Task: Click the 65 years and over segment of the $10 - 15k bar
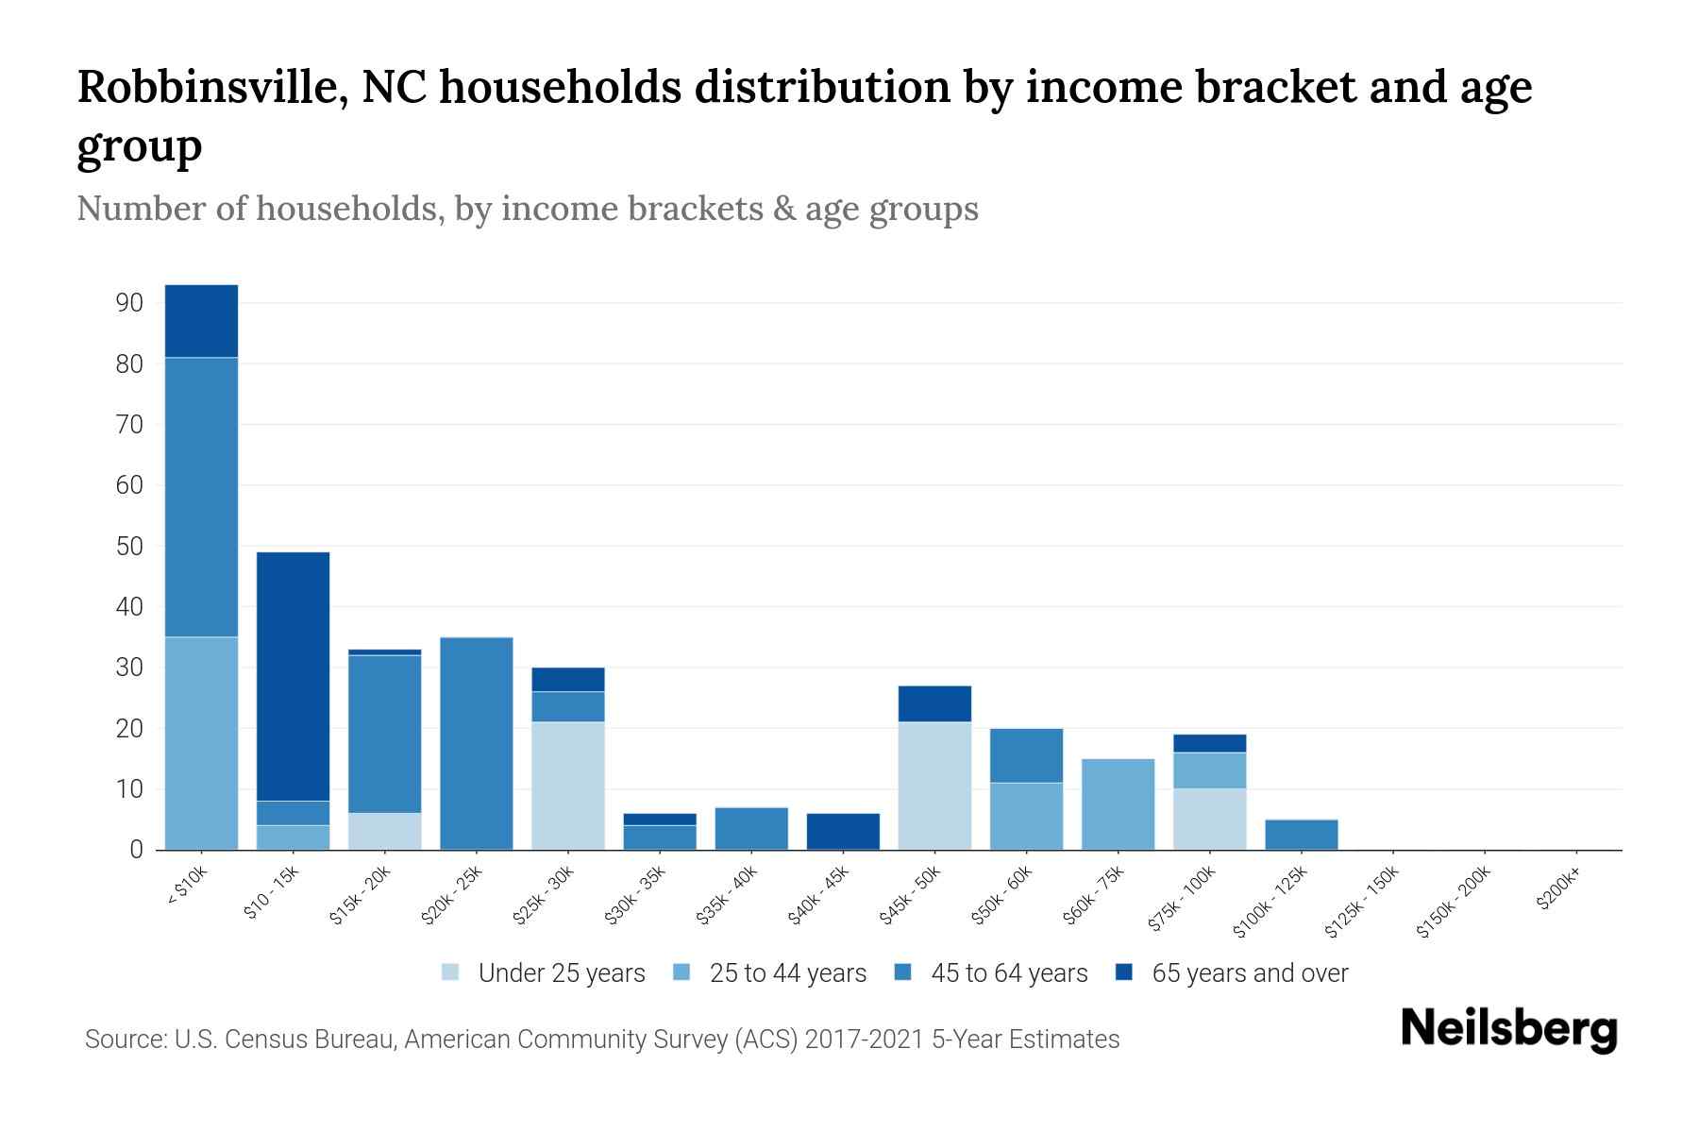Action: pyautogui.click(x=293, y=676)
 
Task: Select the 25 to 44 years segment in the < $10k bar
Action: pyautogui.click(x=201, y=743)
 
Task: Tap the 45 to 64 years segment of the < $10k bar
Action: pyautogui.click(x=201, y=497)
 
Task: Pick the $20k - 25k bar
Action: pyautogui.click(x=477, y=743)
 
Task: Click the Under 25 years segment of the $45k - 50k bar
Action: pyautogui.click(x=934, y=786)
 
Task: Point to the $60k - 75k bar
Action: pyautogui.click(x=1119, y=803)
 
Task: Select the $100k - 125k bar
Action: pyautogui.click(x=1302, y=835)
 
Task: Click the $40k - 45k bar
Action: pyautogui.click(x=843, y=831)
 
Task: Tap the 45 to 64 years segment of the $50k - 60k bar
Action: pyautogui.click(x=1026, y=755)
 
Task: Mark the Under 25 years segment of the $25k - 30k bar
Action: pyautogui.click(x=568, y=786)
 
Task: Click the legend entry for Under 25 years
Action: pyautogui.click(x=561, y=973)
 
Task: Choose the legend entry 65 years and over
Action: pyautogui.click(x=1249, y=973)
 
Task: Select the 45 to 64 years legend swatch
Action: pyautogui.click(x=903, y=972)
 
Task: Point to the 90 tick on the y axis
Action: pyautogui.click(x=129, y=303)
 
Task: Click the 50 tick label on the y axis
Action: pyautogui.click(x=129, y=547)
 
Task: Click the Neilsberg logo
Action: pyautogui.click(x=1508, y=1029)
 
